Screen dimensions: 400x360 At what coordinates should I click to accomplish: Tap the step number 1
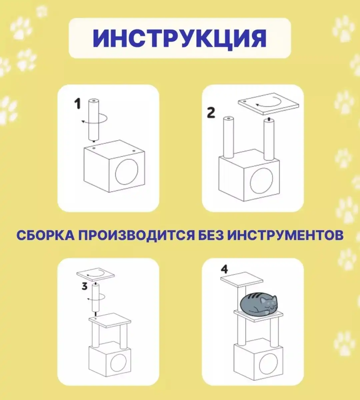point(77,104)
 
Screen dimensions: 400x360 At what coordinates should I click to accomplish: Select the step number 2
point(211,112)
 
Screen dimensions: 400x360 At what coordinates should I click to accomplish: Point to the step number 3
point(85,286)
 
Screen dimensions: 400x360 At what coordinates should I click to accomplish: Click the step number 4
point(224,269)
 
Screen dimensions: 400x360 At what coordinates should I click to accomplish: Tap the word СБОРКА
point(45,235)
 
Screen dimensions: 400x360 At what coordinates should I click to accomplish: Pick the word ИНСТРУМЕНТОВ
point(285,235)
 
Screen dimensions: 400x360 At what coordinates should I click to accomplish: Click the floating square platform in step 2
point(268,103)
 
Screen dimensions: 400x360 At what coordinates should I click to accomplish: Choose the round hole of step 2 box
point(261,180)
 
